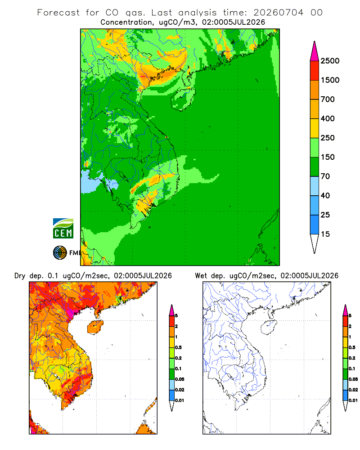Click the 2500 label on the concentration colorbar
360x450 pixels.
[330, 61]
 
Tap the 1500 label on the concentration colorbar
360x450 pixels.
[330, 80]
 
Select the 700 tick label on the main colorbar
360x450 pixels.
[328, 99]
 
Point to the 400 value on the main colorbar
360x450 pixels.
[328, 118]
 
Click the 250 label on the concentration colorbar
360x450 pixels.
[328, 138]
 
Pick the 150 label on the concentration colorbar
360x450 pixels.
[328, 157]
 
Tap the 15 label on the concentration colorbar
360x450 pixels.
[325, 234]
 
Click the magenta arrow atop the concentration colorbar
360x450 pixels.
[315, 51]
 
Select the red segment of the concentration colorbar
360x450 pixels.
[315, 71]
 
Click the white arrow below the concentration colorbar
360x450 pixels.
[315, 243]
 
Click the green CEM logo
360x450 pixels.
[63, 228]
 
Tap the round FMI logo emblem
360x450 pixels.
[60, 253]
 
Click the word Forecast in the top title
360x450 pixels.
[58, 13]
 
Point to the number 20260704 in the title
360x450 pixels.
[278, 13]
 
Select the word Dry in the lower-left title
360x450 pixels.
[20, 276]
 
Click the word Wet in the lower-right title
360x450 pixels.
[201, 276]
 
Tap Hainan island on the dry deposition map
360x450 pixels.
[95, 327]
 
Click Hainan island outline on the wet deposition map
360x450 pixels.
[261, 328]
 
